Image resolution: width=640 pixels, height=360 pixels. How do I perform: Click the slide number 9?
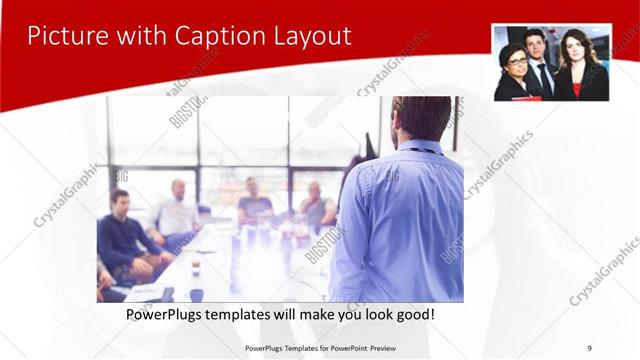click(590, 347)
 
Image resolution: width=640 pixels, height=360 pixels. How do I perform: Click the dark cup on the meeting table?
click(196, 294)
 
